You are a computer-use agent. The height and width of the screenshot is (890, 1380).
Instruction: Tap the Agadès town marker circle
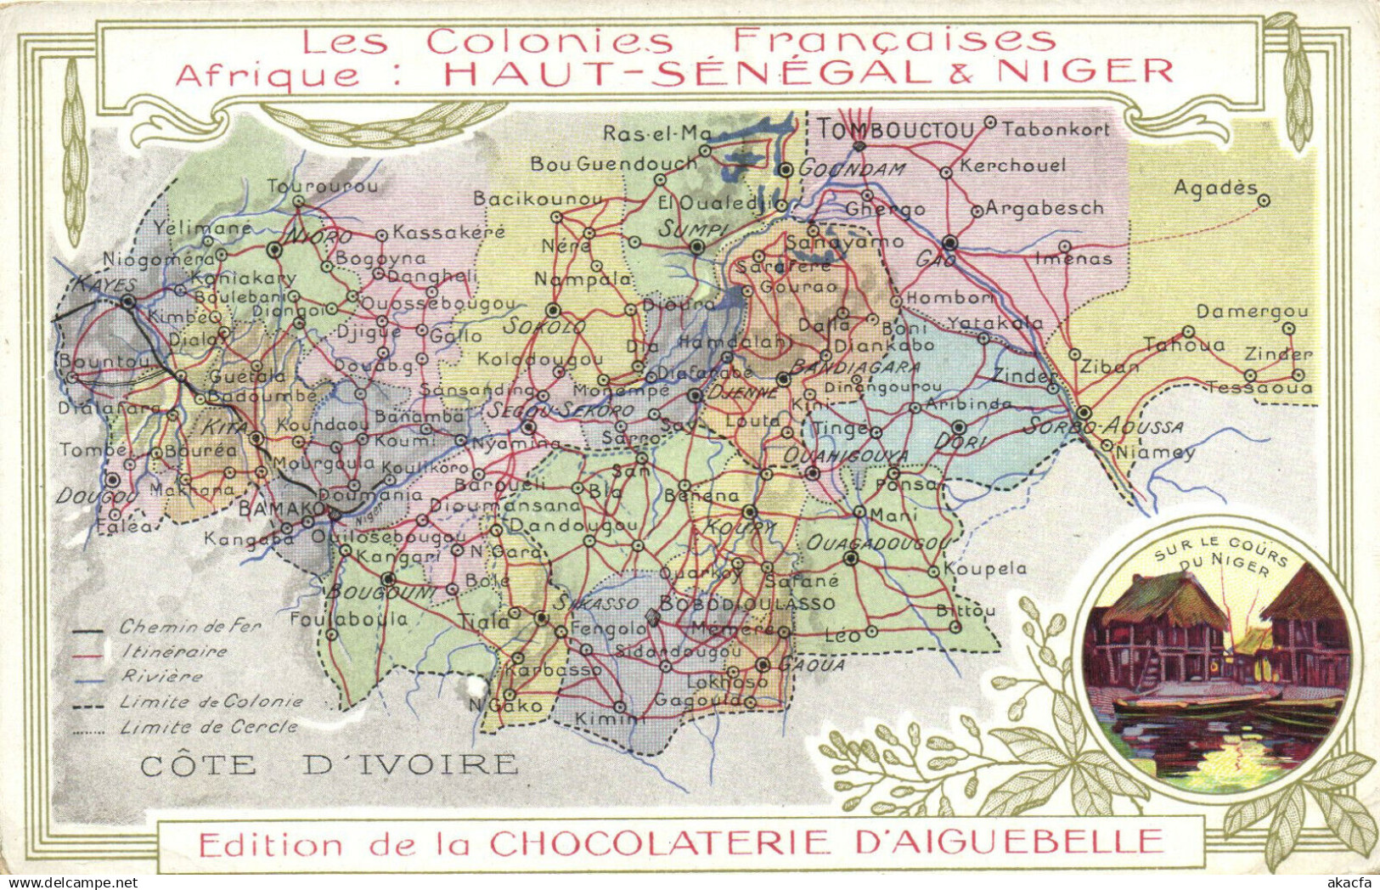pyautogui.click(x=1264, y=200)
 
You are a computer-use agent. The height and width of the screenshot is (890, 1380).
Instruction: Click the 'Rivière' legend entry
pyautogui.click(x=161, y=676)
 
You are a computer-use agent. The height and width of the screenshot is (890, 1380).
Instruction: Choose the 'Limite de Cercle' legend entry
pyautogui.click(x=208, y=727)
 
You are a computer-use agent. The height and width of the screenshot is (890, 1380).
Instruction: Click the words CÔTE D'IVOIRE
pyautogui.click(x=329, y=764)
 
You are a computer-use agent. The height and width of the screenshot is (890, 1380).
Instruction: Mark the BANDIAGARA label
pyautogui.click(x=855, y=367)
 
